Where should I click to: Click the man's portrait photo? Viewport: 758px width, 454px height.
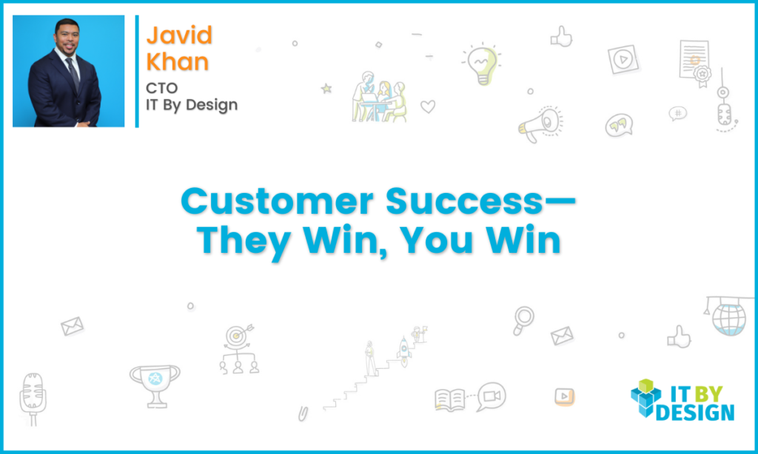point(68,71)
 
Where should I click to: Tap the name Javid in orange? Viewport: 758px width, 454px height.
point(178,35)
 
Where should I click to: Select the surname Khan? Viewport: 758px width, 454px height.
point(177,61)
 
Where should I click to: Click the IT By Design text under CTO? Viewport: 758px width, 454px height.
point(192,105)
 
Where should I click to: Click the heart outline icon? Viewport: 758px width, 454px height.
point(428,106)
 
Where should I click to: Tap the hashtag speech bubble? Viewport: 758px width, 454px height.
point(677,114)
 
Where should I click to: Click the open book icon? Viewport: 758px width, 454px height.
point(449,401)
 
